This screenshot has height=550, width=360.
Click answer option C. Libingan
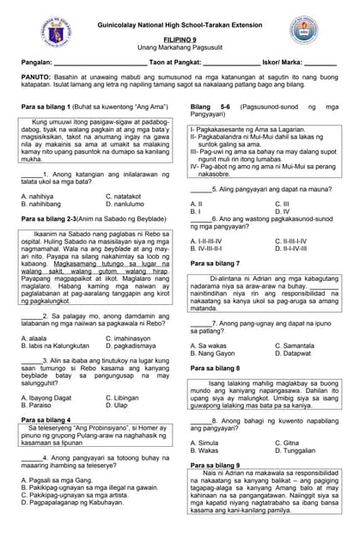122,398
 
